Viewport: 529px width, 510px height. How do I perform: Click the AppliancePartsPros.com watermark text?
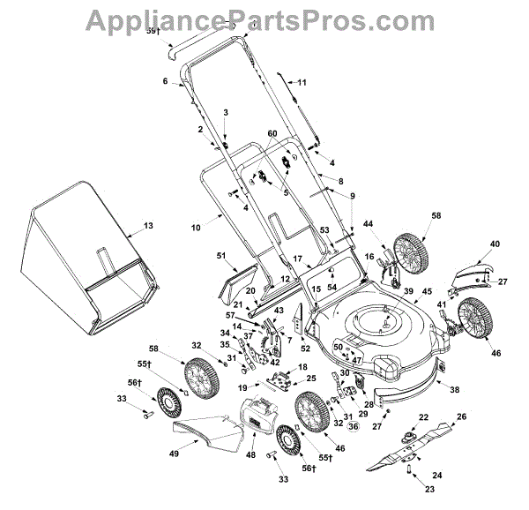tap(264, 17)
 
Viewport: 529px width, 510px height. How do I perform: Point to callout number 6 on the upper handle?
tap(165, 81)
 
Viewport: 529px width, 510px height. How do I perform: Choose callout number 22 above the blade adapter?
tap(423, 417)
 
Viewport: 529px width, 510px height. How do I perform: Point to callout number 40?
tap(495, 243)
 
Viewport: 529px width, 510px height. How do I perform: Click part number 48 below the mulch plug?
tap(251, 455)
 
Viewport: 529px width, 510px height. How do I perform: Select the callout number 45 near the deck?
tap(426, 291)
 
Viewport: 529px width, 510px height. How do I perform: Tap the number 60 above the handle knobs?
tap(272, 132)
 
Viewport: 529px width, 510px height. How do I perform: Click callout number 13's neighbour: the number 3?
tap(225, 112)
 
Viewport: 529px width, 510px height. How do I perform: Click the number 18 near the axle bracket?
tap(303, 366)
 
